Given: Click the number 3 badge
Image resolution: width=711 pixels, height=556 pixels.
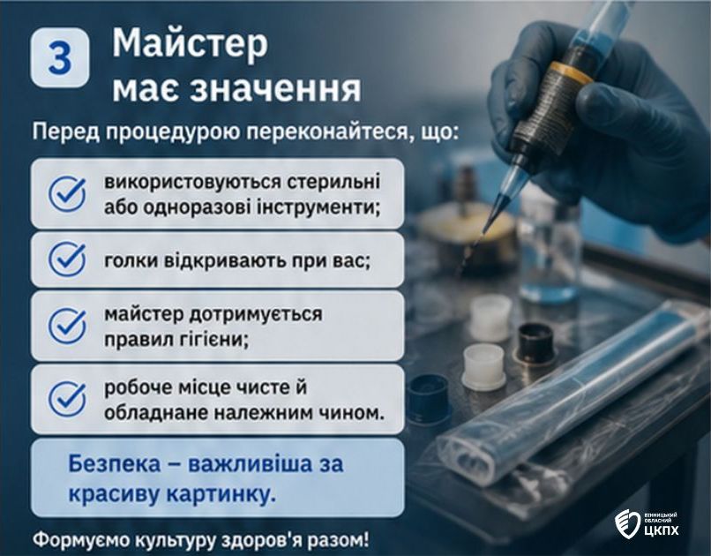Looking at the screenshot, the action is [x=60, y=57].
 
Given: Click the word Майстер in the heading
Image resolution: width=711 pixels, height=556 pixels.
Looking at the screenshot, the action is [x=190, y=43].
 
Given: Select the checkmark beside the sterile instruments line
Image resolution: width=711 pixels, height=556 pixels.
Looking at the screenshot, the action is [x=67, y=194].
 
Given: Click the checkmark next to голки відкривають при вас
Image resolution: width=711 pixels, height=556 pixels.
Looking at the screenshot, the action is [x=67, y=259].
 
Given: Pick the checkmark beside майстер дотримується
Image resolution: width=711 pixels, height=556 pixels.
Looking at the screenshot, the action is [x=67, y=325].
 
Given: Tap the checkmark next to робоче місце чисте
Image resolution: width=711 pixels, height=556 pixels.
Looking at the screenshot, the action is [x=67, y=399].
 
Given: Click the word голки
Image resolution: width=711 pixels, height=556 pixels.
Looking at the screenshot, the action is [x=131, y=260].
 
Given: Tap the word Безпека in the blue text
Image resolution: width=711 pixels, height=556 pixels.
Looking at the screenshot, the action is [x=115, y=464].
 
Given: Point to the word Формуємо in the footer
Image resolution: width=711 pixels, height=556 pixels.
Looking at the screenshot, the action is [x=76, y=541].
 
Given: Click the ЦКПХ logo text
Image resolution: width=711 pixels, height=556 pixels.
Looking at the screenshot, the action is [x=661, y=530].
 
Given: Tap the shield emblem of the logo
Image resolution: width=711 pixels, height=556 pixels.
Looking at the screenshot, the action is [x=627, y=523].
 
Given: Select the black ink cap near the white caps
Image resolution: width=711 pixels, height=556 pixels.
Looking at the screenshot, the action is [x=536, y=342].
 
